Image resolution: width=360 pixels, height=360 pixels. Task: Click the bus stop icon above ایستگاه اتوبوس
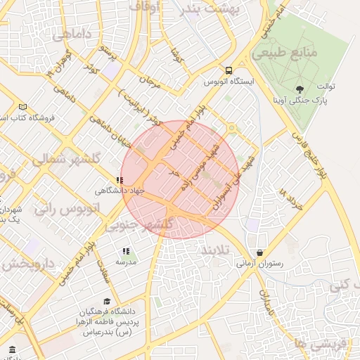click(x=229, y=70)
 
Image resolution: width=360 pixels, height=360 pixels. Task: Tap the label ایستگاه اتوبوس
click(x=229, y=82)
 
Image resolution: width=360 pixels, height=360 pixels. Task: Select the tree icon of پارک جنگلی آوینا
click(x=301, y=89)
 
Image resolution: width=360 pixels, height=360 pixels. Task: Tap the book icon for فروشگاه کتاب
click(x=23, y=107)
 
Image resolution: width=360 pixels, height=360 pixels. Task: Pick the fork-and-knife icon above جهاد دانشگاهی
click(x=120, y=180)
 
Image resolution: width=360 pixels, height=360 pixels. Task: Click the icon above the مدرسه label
click(x=126, y=251)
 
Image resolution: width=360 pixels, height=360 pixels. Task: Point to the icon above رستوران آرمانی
click(x=261, y=253)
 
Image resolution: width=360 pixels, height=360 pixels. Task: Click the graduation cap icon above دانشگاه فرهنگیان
click(x=107, y=301)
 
